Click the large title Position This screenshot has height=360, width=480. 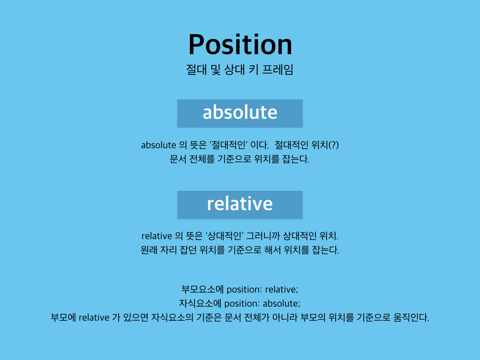click(x=240, y=45)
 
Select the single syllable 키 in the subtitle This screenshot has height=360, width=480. click(x=254, y=70)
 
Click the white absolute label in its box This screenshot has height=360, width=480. click(x=240, y=112)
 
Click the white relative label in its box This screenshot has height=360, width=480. click(x=240, y=204)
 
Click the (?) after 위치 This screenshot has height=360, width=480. click(x=333, y=145)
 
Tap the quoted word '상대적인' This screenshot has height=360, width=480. click(x=225, y=236)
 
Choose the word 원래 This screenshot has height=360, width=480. click(x=149, y=250)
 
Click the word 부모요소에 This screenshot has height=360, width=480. click(x=202, y=289)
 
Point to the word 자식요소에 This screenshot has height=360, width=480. click(x=200, y=303)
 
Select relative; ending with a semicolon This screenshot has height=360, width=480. click(x=282, y=289)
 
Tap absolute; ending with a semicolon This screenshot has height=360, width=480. click(x=282, y=303)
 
